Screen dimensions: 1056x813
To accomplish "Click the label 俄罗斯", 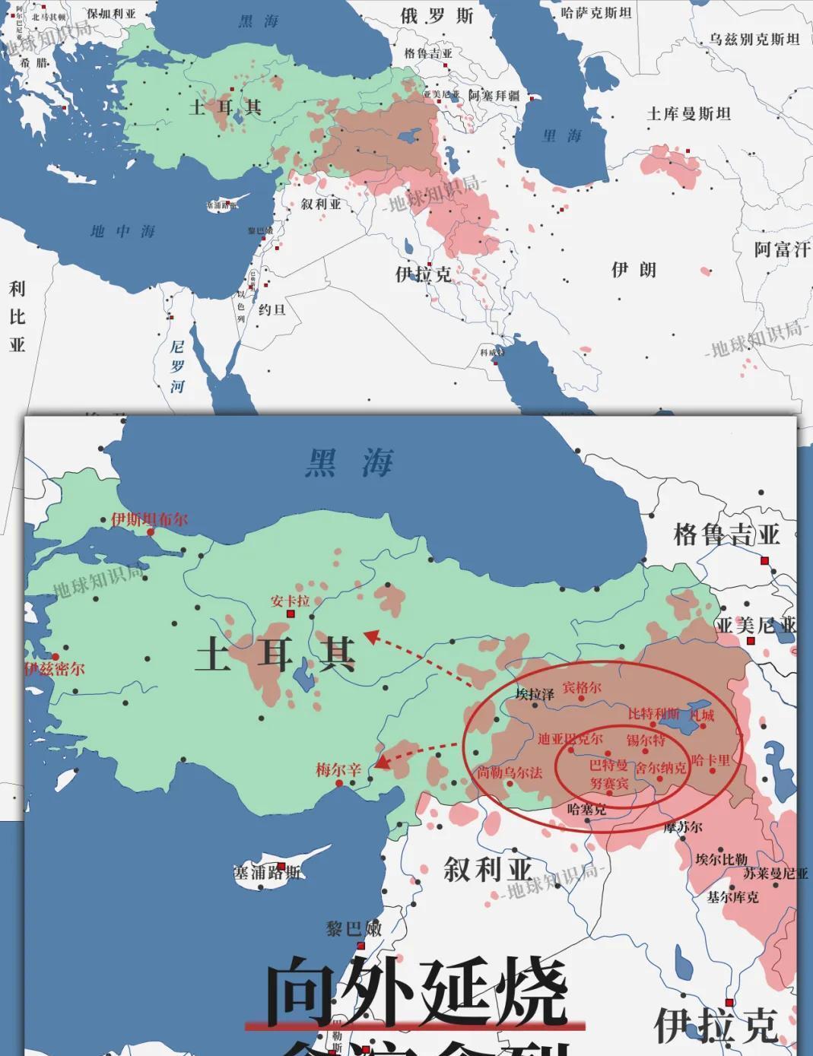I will [437, 16].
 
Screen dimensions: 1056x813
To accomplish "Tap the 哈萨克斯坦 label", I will [596, 12].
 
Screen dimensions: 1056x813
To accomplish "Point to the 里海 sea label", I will [562, 136].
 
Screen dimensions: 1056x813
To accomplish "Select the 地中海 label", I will [123, 231].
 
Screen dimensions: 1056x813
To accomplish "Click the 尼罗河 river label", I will [177, 366].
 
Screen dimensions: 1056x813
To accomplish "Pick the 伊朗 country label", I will [634, 270].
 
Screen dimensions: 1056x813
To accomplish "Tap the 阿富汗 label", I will [782, 249].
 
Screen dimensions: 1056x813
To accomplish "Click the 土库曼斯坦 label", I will [688, 114].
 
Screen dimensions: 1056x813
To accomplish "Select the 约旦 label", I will [272, 309].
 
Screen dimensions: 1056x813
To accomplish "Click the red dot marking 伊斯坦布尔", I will [151, 532].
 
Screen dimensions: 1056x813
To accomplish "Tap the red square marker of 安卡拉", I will [290, 614].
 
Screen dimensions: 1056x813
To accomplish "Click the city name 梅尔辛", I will [338, 769].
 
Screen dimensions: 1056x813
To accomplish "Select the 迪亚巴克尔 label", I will [570, 738].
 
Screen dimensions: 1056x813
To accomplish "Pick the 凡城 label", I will [701, 715].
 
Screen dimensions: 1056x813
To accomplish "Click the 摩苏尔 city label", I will [683, 827].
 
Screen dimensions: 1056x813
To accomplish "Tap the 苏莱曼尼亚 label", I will [776, 874].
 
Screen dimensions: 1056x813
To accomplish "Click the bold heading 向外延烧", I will [417, 991].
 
